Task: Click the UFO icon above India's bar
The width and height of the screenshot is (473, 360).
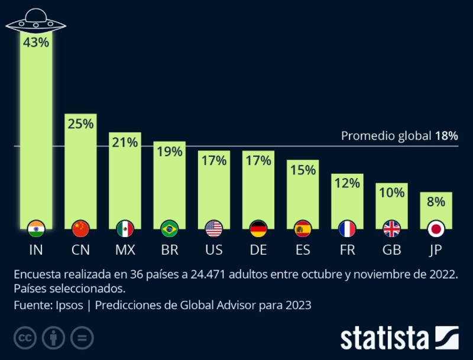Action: coord(36,22)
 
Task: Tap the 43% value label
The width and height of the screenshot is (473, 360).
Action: coord(36,43)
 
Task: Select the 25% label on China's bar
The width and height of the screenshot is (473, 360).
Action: coord(80,124)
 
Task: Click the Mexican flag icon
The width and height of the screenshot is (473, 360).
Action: coord(125,228)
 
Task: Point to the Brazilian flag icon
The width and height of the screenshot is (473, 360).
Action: coord(170,228)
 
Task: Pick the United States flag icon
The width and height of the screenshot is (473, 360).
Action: coord(214,228)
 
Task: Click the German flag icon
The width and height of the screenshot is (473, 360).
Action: coord(258,228)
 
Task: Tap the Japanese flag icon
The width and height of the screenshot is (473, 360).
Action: coord(436,228)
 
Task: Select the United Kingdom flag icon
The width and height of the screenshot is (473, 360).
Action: coord(392,228)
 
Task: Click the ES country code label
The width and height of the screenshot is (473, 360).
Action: coord(303,250)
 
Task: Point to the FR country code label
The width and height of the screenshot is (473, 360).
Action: coord(348,250)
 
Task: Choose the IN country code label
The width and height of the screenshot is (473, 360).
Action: coord(36,250)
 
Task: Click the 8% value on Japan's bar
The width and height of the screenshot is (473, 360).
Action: coord(436,202)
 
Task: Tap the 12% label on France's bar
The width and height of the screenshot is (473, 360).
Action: coord(348,183)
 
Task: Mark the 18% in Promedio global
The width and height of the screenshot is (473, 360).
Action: coord(447,136)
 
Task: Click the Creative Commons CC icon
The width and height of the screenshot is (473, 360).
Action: coord(25,338)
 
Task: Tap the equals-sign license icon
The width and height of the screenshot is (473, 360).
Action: coord(82,338)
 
